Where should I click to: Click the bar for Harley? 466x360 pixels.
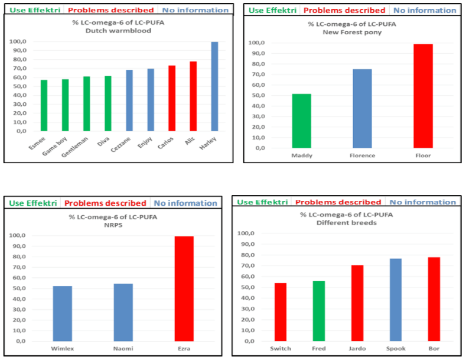pos(214,87)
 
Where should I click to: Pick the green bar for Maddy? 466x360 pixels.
pos(301,121)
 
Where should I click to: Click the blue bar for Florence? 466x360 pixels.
pos(362,109)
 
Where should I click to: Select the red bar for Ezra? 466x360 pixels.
pos(184,288)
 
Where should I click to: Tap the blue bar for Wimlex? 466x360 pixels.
pos(63,313)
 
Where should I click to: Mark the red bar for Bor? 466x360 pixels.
pos(434,299)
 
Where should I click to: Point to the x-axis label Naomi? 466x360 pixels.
pos(123,349)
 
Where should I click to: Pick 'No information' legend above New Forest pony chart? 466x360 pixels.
pos(425,10)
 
